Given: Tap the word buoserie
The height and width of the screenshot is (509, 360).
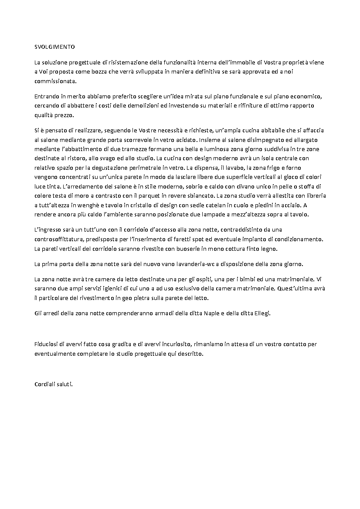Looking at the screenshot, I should pos(186,249).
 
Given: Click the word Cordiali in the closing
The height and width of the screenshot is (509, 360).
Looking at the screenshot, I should pos(45,384).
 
